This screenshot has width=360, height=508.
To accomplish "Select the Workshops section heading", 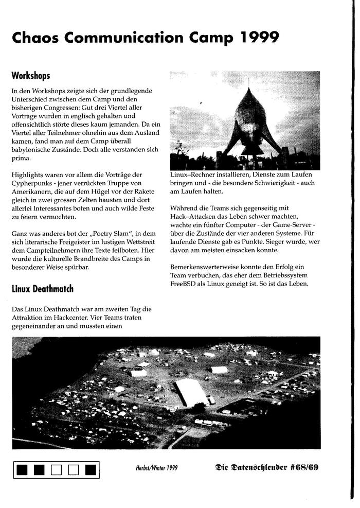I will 31,76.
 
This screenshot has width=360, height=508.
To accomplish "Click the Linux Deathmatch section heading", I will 43,289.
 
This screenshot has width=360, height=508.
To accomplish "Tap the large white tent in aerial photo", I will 191,393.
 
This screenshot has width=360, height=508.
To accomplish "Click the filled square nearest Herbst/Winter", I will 91,469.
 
